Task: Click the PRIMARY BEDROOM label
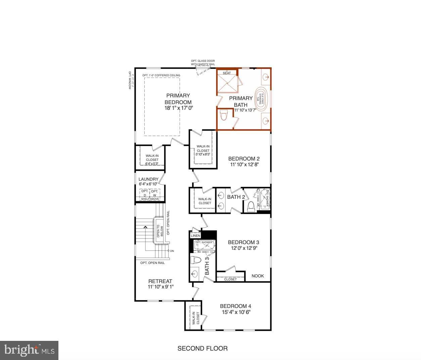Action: coord(178,99)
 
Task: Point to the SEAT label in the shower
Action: coord(227,73)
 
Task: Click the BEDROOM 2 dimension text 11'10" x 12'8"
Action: coord(244,165)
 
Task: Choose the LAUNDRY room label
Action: coord(148,179)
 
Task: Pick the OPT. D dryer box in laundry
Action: coord(145,193)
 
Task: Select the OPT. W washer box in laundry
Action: coord(154,193)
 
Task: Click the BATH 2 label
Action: coord(236,197)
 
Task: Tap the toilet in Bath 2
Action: coord(251,206)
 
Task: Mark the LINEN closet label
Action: coord(195,236)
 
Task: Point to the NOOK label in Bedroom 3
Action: coord(258,276)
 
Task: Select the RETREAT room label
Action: coord(160,281)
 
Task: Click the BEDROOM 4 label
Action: coord(235,306)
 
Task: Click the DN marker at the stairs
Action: coord(172,251)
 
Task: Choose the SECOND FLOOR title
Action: coord(202,348)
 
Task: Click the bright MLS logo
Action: coord(30,350)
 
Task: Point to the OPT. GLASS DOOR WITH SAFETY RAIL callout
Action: coord(203,62)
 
